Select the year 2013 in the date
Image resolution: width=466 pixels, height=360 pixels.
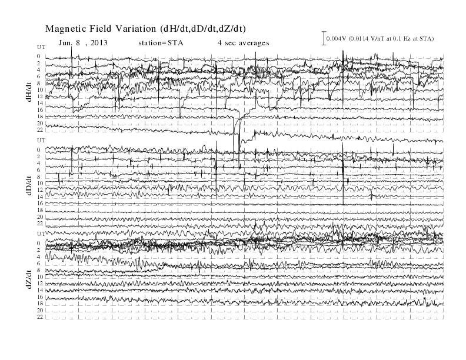point(99,43)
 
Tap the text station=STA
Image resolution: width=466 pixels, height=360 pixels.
point(161,43)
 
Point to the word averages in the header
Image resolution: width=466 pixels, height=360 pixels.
point(252,43)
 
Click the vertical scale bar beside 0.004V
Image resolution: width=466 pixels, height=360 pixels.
point(324,38)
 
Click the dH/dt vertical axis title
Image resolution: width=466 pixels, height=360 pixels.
point(29,92)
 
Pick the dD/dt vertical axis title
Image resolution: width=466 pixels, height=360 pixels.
point(29,185)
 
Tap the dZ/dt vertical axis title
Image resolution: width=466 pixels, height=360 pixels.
point(29,279)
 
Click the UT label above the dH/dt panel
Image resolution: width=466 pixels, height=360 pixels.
point(41,47)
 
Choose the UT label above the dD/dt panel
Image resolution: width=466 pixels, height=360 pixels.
point(41,140)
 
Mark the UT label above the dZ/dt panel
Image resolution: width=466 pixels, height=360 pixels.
point(41,234)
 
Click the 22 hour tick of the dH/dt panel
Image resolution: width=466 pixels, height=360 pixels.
point(40,130)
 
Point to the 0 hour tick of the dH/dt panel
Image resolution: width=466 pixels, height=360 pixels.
point(39,56)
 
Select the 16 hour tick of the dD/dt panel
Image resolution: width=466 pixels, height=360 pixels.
point(40,203)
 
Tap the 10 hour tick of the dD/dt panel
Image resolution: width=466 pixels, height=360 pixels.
point(40,184)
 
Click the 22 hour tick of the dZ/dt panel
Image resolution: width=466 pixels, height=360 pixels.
point(40,317)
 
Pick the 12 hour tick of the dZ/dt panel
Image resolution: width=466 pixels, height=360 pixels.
point(40,284)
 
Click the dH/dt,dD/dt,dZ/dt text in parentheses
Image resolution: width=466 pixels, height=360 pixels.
point(203,29)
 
